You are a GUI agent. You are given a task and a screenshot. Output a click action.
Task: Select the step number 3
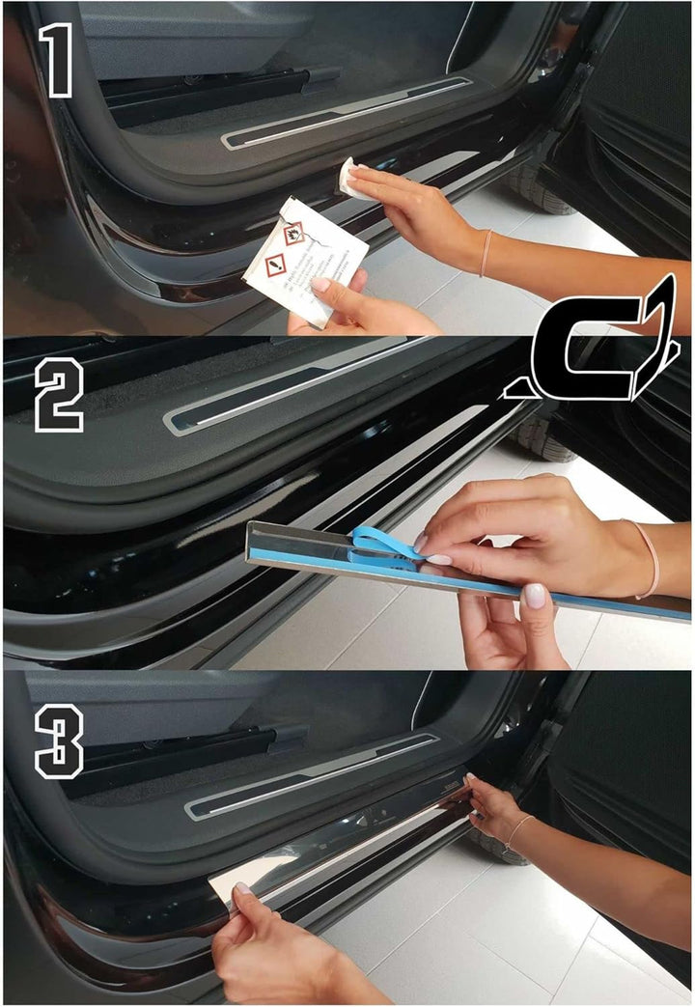[59, 741]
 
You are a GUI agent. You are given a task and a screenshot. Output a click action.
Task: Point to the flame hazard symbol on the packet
[292, 233]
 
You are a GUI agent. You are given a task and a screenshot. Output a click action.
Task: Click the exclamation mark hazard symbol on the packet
[274, 262]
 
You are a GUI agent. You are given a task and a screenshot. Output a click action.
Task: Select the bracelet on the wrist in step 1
[485, 253]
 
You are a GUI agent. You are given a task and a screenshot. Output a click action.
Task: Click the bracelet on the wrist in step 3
[519, 831]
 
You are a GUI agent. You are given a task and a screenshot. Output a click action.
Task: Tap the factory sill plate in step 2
[290, 386]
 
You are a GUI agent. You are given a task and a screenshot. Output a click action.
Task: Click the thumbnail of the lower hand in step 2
[534, 596]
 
